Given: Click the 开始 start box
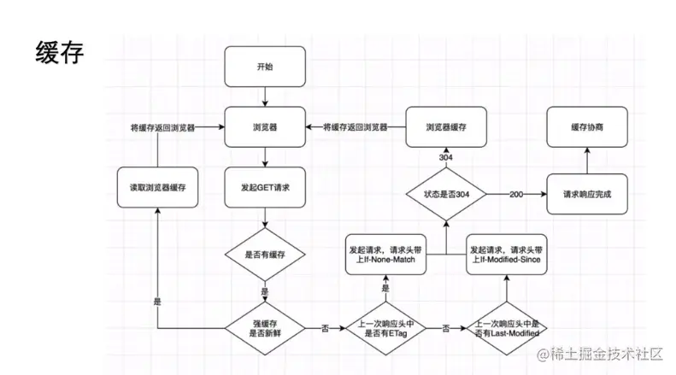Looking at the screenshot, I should tap(266, 67).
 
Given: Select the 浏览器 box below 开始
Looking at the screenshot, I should tap(266, 126).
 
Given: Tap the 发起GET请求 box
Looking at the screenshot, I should tap(266, 185).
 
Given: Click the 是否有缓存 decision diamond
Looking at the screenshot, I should tap(266, 254).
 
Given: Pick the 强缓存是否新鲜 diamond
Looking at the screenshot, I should tap(266, 327).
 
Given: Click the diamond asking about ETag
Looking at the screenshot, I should tap(385, 327).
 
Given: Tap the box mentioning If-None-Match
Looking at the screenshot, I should tap(386, 254).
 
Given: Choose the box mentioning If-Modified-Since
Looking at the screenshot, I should tap(508, 254).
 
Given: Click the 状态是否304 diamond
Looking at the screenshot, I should tap(446, 194).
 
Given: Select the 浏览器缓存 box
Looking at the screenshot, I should tap(446, 126).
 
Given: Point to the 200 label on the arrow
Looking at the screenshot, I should tap(515, 194).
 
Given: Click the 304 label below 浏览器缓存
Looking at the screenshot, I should tap(446, 158).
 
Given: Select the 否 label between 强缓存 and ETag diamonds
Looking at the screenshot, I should tap(325, 327).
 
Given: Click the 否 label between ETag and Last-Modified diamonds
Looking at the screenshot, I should tap(446, 327).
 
